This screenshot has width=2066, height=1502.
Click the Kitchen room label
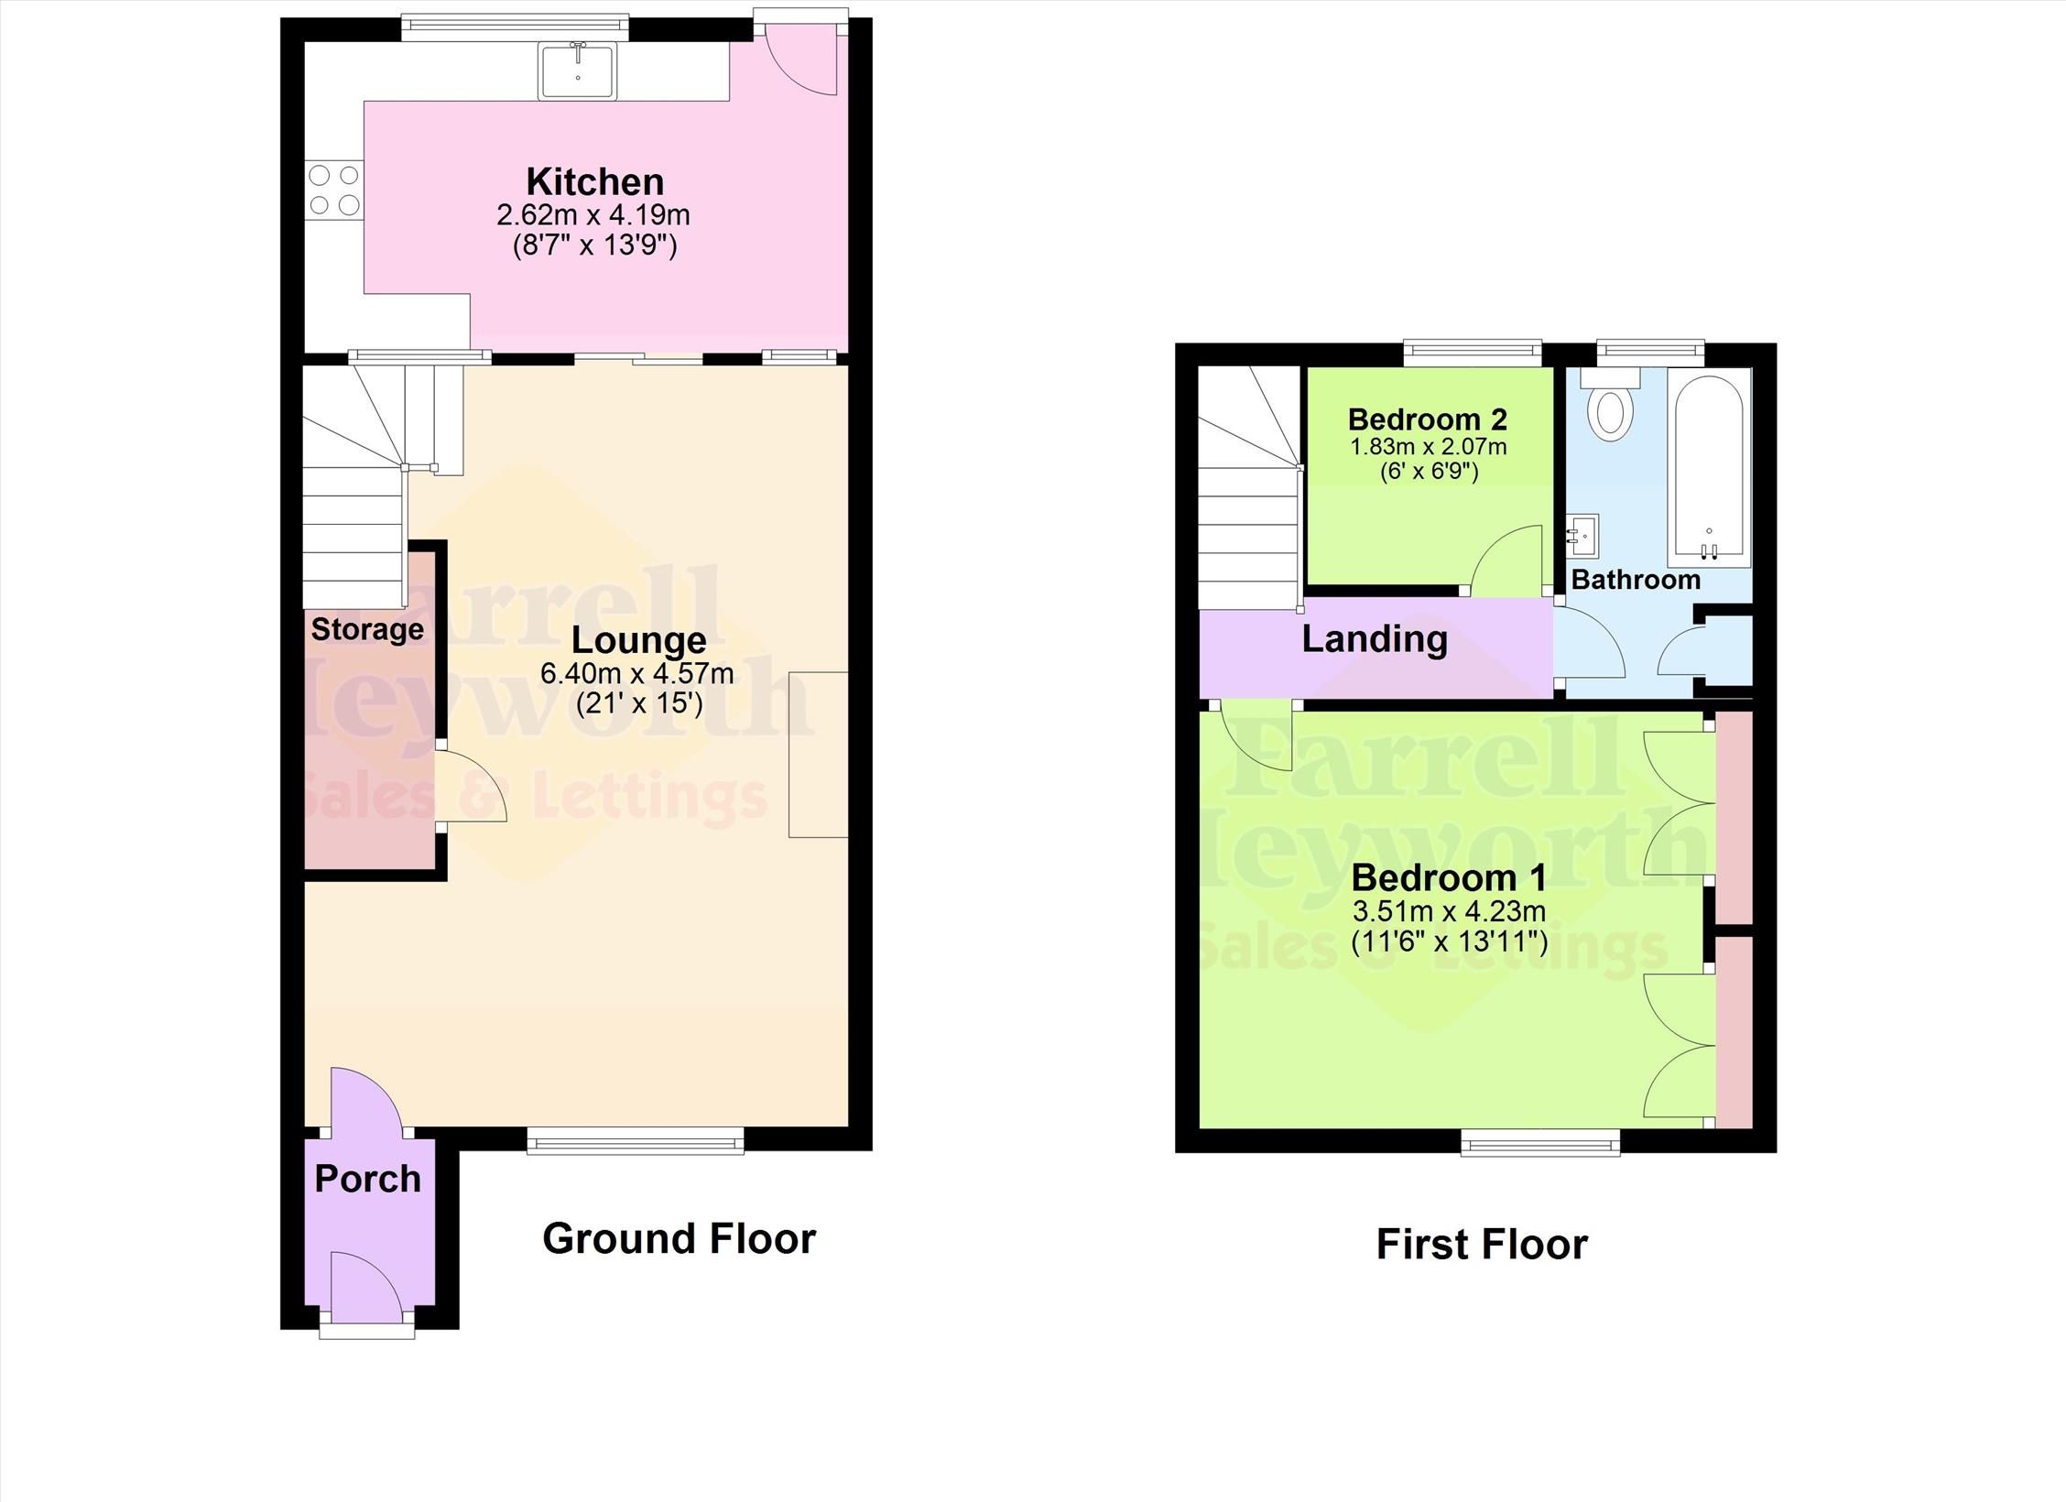point(594,181)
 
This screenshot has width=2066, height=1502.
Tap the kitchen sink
point(578,71)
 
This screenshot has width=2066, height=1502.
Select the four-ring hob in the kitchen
point(333,190)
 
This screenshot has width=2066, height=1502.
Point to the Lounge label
point(638,640)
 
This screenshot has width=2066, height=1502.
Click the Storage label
point(367,629)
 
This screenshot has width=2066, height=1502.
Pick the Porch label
point(367,1179)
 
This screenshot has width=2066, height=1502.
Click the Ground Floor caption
point(679,1238)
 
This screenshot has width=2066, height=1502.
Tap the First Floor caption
point(1482,1245)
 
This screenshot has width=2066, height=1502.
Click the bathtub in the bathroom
point(1708,467)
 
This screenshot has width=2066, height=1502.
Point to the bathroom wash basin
point(1583,534)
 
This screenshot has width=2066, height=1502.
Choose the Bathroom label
point(1636,580)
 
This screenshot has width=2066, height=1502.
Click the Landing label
point(1375,639)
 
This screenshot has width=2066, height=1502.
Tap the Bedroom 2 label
point(1428,419)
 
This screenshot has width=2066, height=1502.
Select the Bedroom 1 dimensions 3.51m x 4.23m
point(1449,911)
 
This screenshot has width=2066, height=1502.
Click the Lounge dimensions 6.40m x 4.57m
point(636,674)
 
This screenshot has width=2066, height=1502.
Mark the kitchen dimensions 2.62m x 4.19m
point(593,216)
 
